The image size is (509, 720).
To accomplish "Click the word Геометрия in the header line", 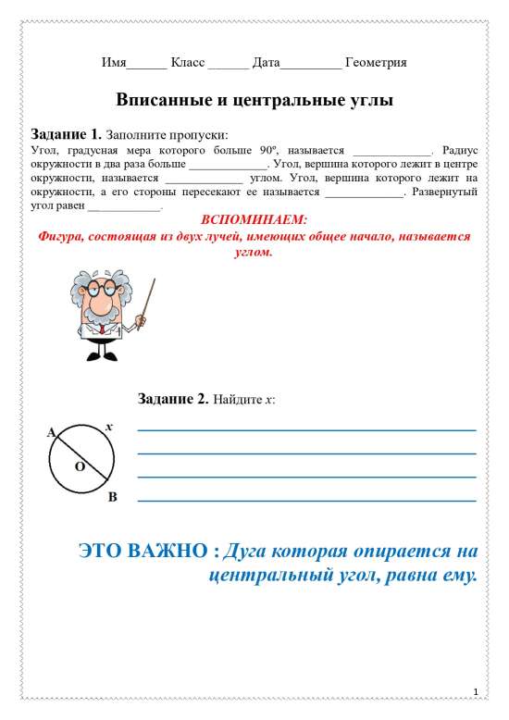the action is [x=376, y=63].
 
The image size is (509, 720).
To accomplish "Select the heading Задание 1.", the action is [x=66, y=132].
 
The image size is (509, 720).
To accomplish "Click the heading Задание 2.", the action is [x=173, y=400].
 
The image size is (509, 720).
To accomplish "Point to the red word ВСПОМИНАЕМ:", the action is [x=253, y=220].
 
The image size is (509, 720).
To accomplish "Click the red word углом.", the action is [x=249, y=252].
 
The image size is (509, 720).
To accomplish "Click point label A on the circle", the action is [x=51, y=432].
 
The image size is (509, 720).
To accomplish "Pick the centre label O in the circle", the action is [x=80, y=467].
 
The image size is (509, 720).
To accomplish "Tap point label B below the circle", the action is [x=112, y=499].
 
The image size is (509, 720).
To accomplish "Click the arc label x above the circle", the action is [x=108, y=427].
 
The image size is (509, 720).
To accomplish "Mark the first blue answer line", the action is [x=306, y=430].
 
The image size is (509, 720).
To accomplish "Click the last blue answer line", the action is [x=306, y=501].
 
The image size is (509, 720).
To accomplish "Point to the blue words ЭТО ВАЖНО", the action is [x=147, y=552].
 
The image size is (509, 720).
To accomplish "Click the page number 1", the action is [x=475, y=692].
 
